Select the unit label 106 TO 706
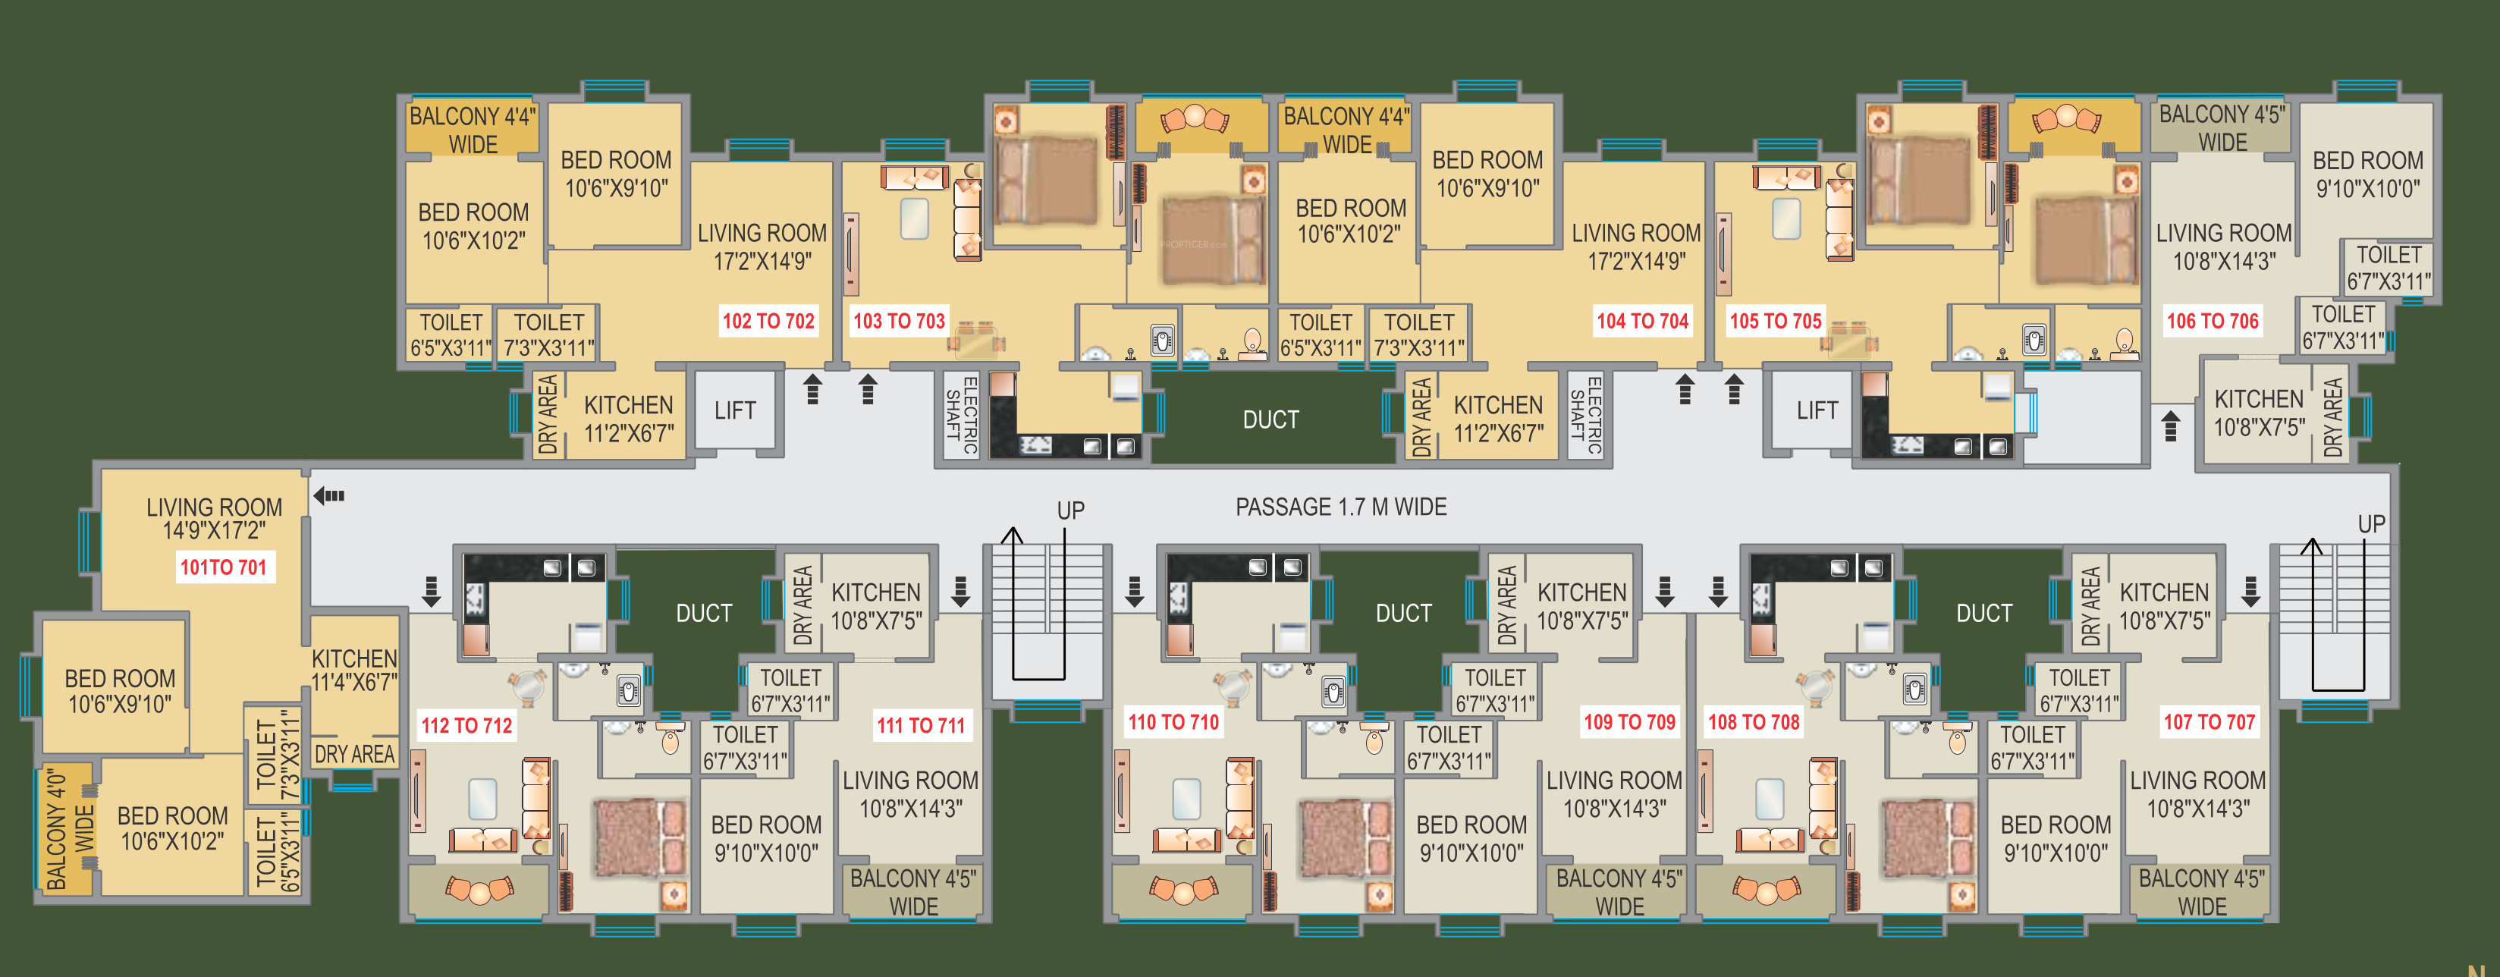[2212, 321]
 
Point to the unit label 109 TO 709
[1629, 722]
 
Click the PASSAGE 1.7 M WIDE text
[1340, 507]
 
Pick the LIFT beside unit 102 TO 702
[735, 411]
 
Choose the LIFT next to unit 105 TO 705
[1816, 411]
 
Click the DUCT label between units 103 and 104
[1270, 420]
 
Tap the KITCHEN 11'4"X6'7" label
[354, 671]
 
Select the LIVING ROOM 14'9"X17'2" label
[213, 518]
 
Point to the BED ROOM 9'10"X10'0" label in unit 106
[2367, 174]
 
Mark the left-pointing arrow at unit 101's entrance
[329, 496]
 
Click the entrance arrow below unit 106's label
[2171, 425]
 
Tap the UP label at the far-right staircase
[2371, 524]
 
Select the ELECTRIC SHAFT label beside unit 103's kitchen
[961, 414]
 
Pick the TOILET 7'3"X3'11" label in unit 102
[548, 335]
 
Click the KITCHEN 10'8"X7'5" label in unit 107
[2163, 606]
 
